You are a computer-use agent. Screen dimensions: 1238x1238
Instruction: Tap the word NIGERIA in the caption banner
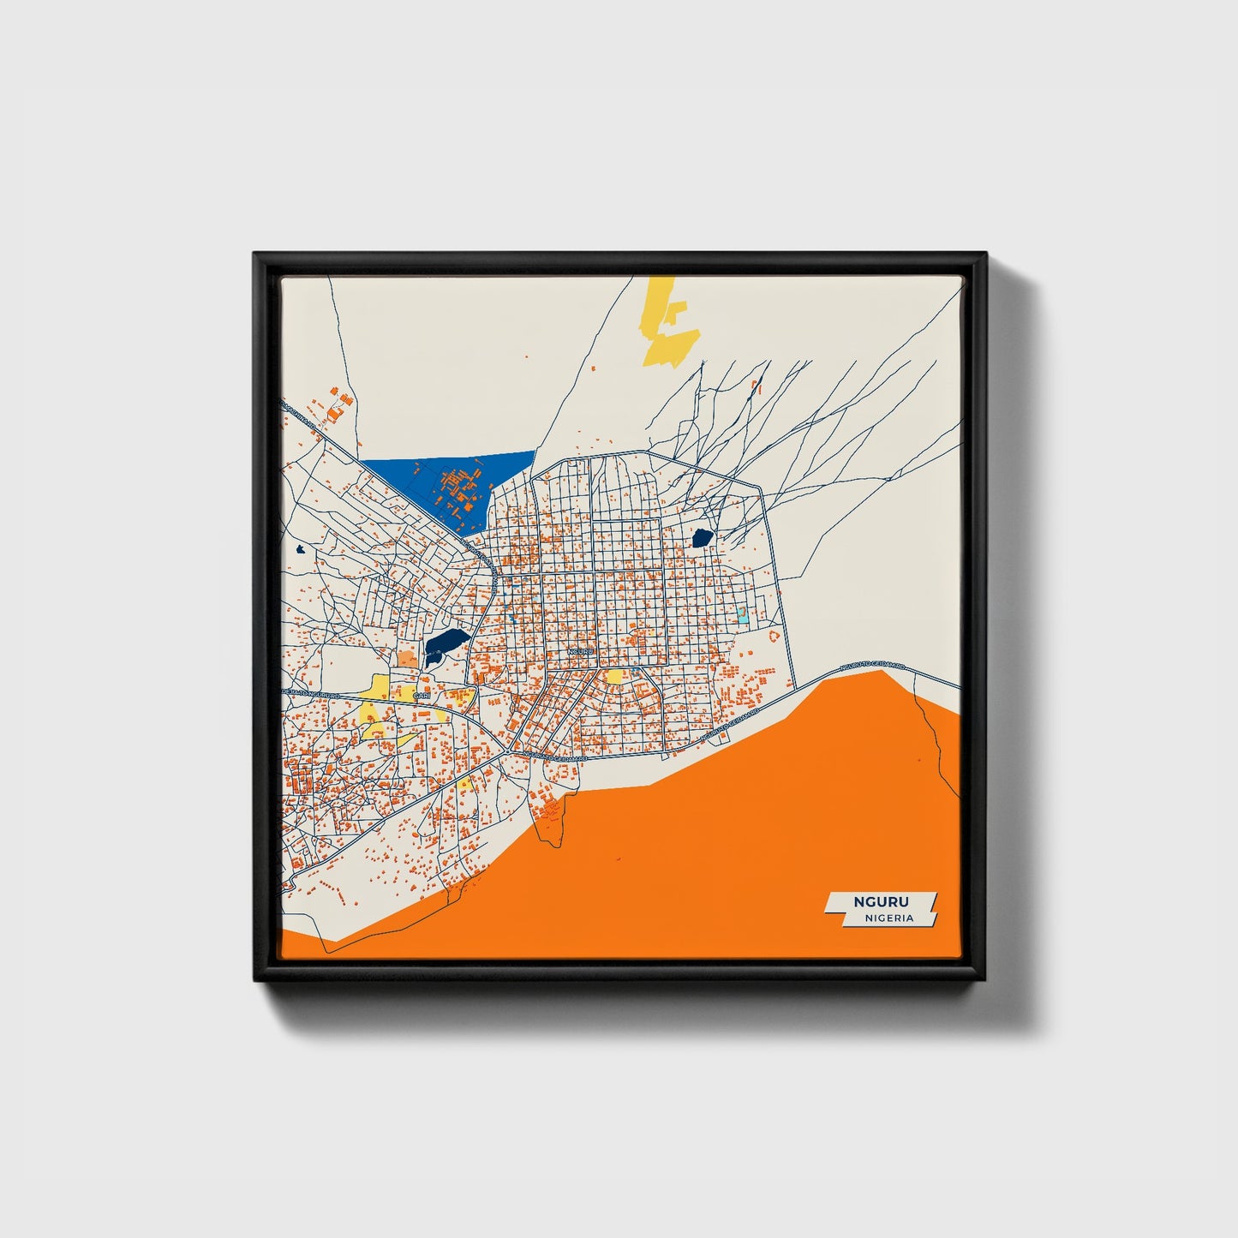click(888, 918)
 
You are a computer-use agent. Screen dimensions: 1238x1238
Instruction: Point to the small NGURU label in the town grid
click(579, 653)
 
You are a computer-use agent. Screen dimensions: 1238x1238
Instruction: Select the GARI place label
click(420, 697)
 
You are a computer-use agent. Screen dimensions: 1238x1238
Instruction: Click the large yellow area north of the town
click(668, 326)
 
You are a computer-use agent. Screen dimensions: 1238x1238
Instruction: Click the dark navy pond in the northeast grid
click(703, 538)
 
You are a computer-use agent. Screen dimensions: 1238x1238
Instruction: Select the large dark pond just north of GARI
click(446, 641)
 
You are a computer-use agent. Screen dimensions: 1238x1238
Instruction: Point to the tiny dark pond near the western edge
click(300, 549)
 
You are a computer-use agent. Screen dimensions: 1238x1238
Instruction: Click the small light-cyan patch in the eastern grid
click(742, 615)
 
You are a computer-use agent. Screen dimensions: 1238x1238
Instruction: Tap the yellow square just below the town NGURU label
click(613, 677)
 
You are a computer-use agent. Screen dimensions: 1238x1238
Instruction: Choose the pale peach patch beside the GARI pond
click(405, 659)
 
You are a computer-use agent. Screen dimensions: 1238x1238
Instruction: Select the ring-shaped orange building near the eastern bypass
click(774, 637)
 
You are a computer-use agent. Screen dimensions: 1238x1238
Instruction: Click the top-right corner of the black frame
click(985, 254)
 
